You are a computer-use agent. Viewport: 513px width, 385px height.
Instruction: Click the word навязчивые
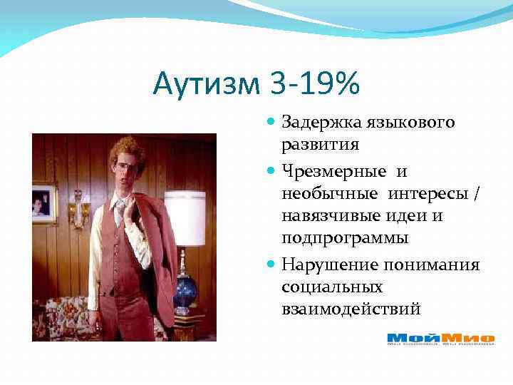point(320,216)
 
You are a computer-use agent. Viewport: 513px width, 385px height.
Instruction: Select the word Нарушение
point(324,265)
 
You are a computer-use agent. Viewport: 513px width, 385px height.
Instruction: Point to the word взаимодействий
point(351,309)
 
